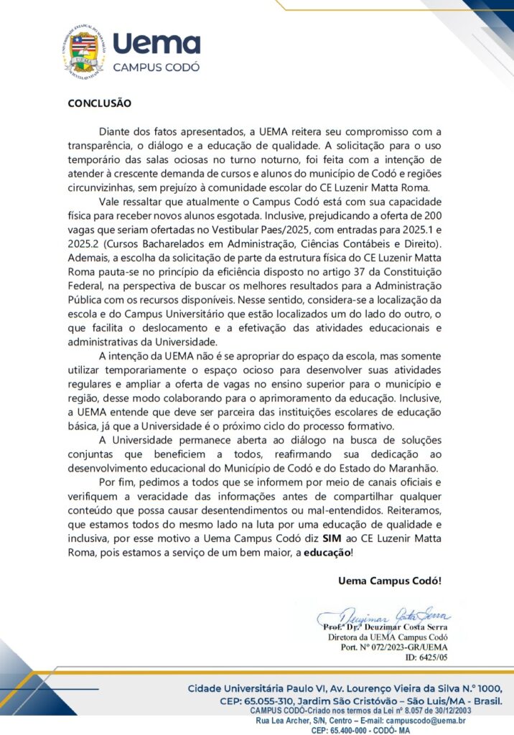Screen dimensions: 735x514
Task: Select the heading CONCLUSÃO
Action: [99, 103]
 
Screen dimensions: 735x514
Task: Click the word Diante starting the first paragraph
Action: [118, 132]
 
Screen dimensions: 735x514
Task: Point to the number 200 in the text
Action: [431, 214]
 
